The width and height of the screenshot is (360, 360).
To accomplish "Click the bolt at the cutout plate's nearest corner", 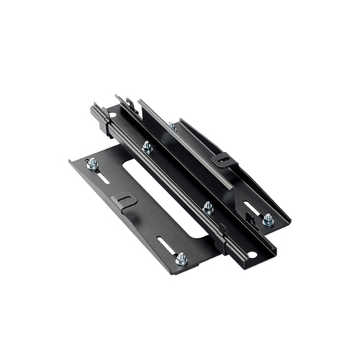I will pos(181,258).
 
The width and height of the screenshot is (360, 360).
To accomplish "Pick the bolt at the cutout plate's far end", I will pos(93,164).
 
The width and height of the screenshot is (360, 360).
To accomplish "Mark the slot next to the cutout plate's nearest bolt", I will pos(166,245).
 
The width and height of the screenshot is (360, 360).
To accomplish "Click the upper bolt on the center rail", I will pos(147,147).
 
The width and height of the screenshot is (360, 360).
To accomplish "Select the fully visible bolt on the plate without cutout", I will pos(268,218).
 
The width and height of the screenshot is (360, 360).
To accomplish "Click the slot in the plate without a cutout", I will pos(252,209).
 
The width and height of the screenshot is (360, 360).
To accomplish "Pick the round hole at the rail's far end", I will pos(113,115).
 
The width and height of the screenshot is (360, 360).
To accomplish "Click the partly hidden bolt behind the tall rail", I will pos(172,126).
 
